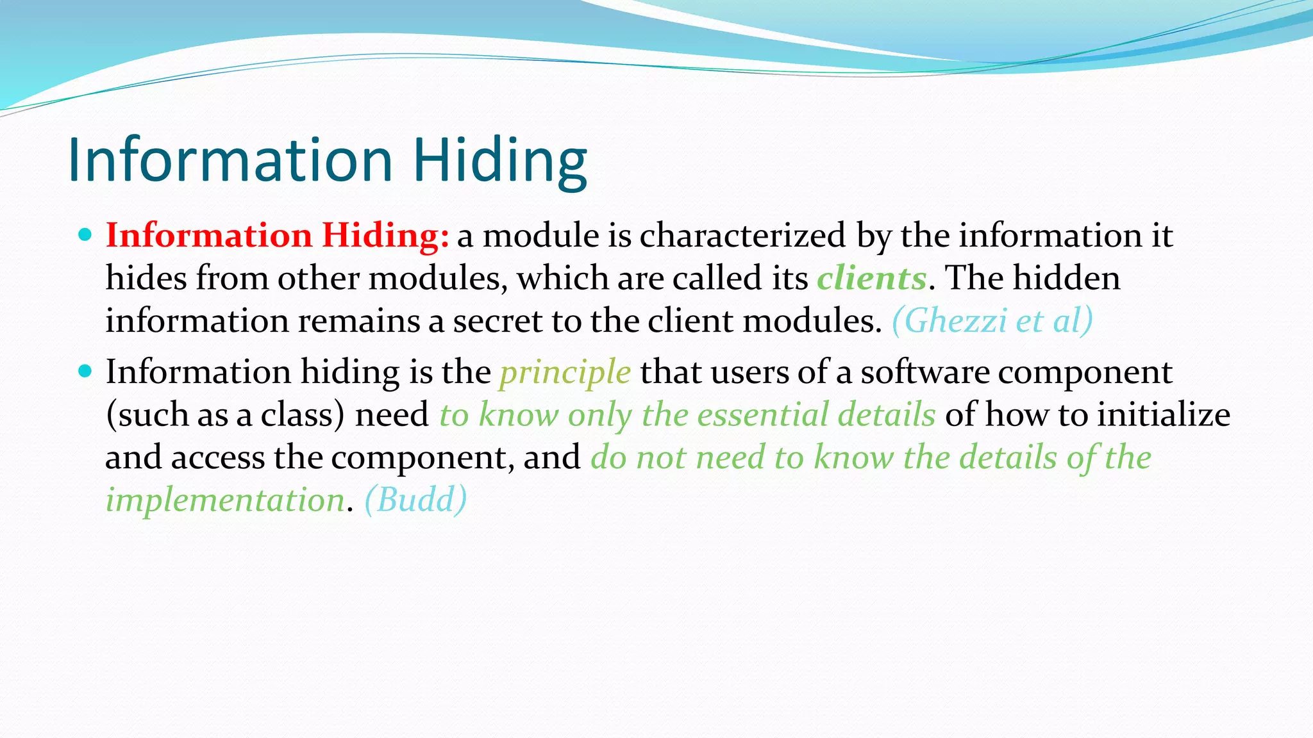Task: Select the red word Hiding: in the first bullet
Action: coord(385,235)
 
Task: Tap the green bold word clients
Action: coord(871,278)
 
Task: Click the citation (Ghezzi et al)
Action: coord(992,320)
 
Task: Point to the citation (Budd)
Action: coord(415,500)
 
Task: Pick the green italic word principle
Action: coord(565,372)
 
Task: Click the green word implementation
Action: coord(225,500)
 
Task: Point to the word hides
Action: coord(146,278)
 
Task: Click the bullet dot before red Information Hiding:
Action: coord(85,234)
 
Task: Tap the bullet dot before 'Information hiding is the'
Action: coord(85,371)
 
